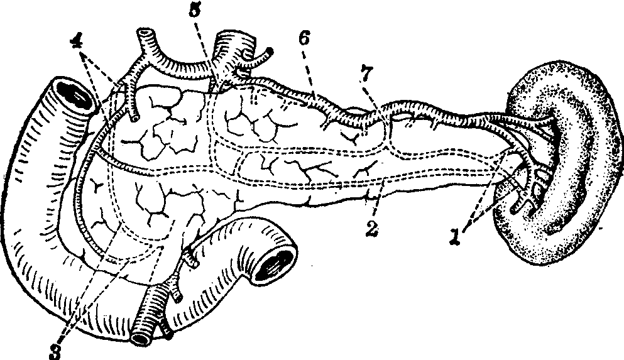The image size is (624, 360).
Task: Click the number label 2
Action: (371, 229)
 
